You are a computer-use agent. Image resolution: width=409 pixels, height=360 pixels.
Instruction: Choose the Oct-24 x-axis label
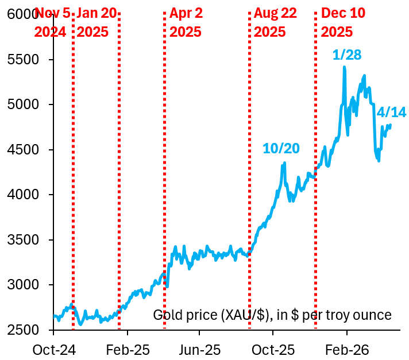click(x=53, y=349)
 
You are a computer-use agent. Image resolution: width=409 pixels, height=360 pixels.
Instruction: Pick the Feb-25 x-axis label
click(x=127, y=349)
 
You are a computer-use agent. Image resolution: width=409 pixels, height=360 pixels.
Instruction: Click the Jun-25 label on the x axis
click(x=199, y=349)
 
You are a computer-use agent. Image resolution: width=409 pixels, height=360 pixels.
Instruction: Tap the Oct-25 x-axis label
click(x=273, y=349)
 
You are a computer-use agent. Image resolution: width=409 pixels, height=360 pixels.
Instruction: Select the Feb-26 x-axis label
click(x=346, y=349)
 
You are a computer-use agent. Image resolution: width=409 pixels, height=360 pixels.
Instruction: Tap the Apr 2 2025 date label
click(x=186, y=22)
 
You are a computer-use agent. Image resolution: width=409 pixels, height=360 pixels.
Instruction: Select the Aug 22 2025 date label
click(x=275, y=22)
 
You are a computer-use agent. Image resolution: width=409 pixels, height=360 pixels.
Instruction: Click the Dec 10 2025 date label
click(x=343, y=22)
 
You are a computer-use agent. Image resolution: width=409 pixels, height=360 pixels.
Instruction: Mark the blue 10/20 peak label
click(x=281, y=148)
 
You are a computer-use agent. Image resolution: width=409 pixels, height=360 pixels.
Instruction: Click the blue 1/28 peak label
click(x=347, y=55)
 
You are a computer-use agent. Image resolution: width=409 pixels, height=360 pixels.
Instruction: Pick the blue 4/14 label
click(x=391, y=112)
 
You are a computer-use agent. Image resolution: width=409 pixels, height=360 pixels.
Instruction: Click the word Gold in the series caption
click(x=165, y=315)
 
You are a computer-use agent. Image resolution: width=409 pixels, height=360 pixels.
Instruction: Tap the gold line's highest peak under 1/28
click(x=344, y=68)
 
